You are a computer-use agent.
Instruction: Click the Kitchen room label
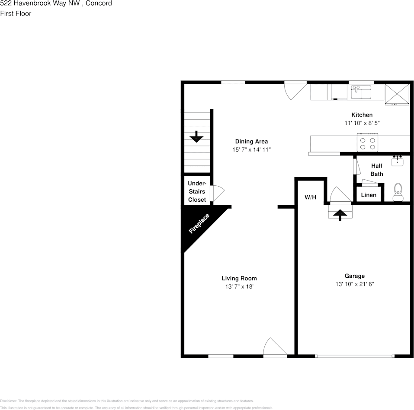tap(361, 115)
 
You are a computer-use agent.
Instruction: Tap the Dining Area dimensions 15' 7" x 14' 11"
tap(251, 149)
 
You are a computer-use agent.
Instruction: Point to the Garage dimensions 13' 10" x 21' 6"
tap(354, 284)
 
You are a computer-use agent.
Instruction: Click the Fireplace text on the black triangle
tap(199, 224)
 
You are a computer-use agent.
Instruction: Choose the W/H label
tap(310, 197)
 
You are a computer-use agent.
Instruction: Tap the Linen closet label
tap(368, 195)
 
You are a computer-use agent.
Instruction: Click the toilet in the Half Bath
tap(398, 192)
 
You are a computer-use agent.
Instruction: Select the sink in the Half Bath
tap(397, 161)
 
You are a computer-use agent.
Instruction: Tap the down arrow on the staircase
tap(196, 137)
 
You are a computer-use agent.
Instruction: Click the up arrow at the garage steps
tap(340, 214)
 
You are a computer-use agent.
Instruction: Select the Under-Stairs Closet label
tap(197, 191)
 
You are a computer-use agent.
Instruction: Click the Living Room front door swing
tap(274, 347)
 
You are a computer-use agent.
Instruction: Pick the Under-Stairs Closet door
tap(216, 193)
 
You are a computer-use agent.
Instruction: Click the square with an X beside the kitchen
tap(397, 93)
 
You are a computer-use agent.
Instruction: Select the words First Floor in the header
tap(16, 13)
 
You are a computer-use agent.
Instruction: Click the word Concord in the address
tap(99, 3)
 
